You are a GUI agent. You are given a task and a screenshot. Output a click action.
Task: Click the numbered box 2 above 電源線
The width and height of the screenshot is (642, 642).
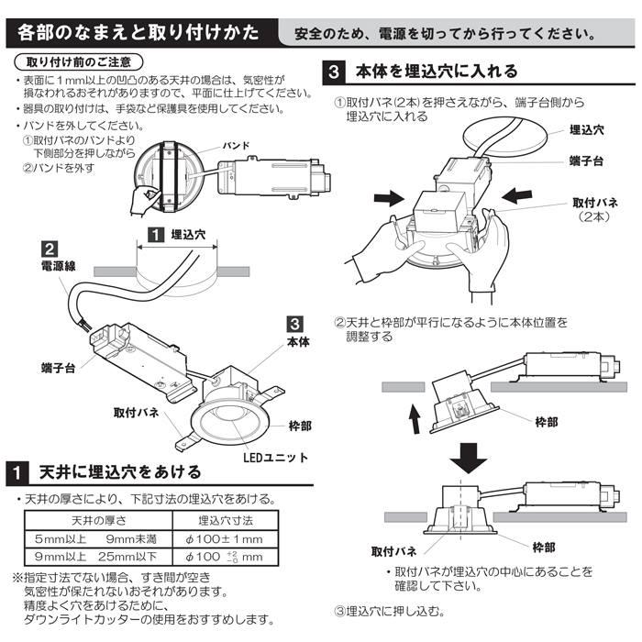(x=52, y=249)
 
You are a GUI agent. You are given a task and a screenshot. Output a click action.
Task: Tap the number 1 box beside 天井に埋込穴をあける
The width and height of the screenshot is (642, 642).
(x=20, y=473)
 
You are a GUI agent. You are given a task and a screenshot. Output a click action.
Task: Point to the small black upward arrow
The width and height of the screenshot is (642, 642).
(x=414, y=422)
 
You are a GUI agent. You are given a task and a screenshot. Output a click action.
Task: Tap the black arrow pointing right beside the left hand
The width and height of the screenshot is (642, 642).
(x=386, y=195)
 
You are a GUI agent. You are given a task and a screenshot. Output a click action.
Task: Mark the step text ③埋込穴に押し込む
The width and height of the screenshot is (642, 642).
(x=389, y=610)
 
